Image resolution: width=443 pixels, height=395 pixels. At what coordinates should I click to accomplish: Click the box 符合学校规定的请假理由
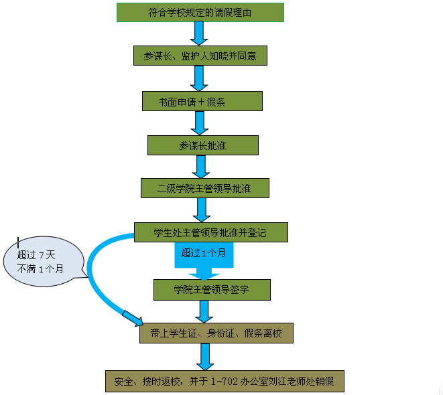200,13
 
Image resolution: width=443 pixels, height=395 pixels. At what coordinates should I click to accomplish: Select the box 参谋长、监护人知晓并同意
200,56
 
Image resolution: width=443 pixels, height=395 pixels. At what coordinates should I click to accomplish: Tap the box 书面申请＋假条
202,101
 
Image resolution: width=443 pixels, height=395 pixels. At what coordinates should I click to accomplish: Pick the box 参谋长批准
202,145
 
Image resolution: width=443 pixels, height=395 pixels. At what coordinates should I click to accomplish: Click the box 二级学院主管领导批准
204,188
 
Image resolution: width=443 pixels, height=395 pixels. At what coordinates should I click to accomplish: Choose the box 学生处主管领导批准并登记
210,232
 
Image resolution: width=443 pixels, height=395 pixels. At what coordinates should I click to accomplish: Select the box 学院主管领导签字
211,290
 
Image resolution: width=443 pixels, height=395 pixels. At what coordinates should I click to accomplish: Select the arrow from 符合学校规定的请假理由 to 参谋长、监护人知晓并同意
199,33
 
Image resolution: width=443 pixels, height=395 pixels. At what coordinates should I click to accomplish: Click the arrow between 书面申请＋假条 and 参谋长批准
198,123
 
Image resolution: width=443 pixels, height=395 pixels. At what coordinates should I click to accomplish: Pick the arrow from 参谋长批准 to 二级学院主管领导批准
200,167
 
